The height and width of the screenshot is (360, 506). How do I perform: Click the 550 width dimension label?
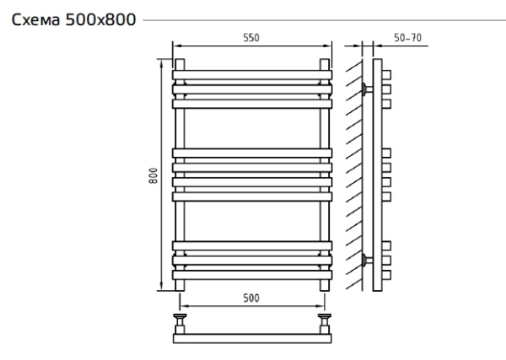tap(251, 39)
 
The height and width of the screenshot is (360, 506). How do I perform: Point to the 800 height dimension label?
tap(153, 175)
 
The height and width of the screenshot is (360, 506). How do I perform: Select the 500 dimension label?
tap(251, 298)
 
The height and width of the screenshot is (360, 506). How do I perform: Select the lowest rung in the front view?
tap(251, 275)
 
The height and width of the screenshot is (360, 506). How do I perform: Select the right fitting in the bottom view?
tap(325, 321)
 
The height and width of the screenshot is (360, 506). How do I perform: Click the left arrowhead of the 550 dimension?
tap(175, 46)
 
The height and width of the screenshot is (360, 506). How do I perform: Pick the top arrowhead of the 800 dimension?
tap(161, 61)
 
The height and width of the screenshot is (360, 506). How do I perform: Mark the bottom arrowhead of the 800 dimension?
tap(161, 288)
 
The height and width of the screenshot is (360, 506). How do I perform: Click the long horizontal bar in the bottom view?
tap(251, 338)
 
